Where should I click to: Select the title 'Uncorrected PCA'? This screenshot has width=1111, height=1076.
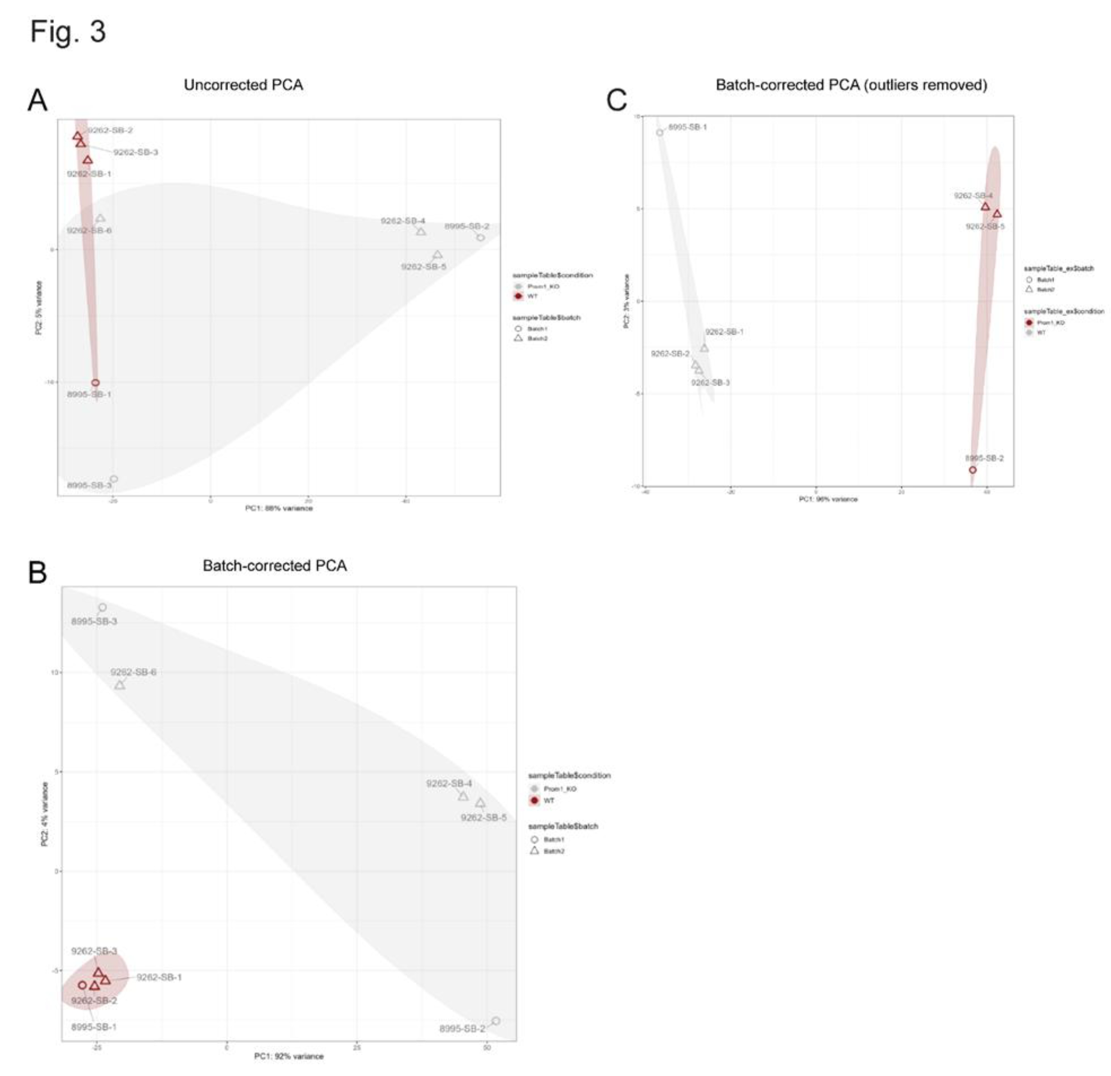(x=243, y=85)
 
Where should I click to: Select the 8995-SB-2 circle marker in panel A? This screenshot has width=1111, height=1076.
(x=481, y=238)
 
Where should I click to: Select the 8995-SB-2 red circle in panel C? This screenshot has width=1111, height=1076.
(x=973, y=470)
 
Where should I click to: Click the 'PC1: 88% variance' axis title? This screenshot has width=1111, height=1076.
(x=278, y=508)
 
